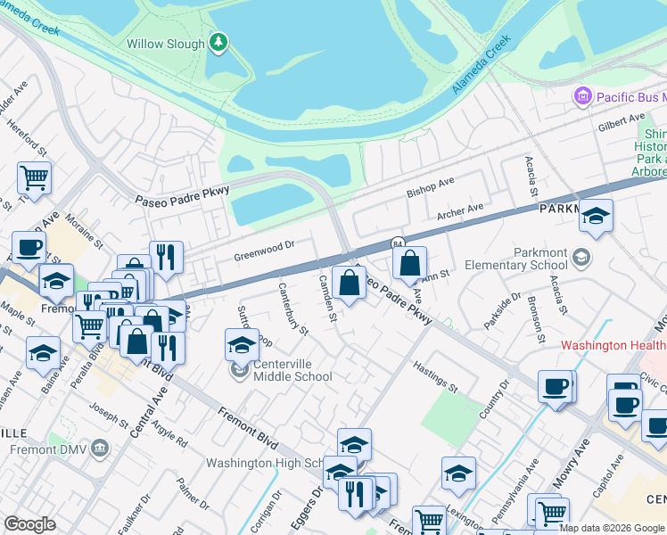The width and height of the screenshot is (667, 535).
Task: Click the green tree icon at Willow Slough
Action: click(218, 42)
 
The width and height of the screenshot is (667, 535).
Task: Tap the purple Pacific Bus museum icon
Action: click(583, 95)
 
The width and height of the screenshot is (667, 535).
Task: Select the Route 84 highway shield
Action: click(397, 243)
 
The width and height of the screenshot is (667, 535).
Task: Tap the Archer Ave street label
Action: click(459, 211)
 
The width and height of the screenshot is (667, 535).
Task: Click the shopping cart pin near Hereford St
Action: click(35, 177)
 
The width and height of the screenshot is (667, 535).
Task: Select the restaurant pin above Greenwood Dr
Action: click(166, 256)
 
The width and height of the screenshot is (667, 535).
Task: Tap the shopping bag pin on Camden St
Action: click(350, 283)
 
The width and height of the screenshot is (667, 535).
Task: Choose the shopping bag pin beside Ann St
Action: click(409, 262)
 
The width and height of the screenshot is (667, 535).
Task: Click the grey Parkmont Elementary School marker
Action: click(581, 259)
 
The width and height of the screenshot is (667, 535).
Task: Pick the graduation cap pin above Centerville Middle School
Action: click(242, 344)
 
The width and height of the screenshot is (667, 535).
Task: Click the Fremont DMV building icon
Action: click(99, 446)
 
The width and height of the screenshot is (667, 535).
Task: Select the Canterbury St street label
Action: click(292, 309)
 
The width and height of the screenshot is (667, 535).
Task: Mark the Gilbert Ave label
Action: click(622, 119)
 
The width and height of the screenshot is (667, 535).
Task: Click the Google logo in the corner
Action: click(29, 524)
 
